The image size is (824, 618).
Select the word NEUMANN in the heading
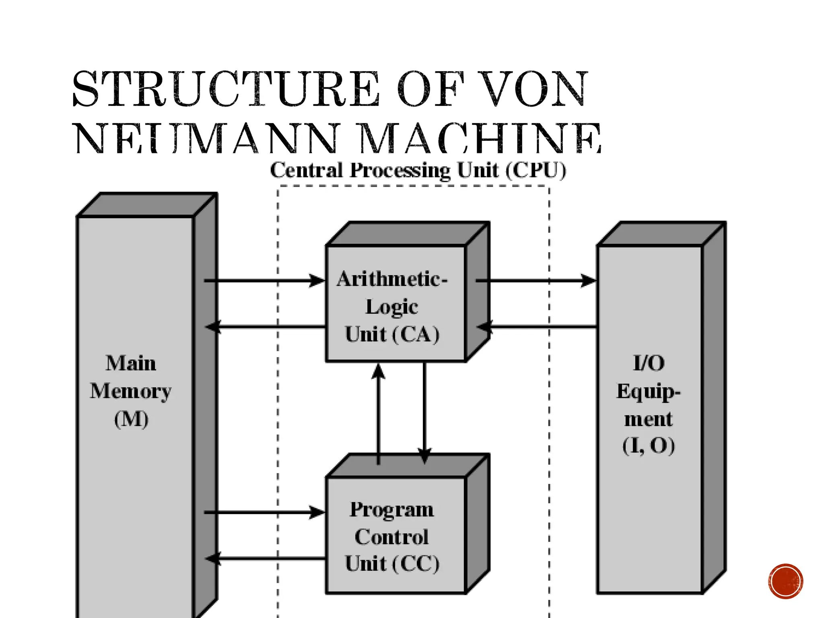(205, 139)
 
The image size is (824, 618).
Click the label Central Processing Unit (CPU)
(418, 170)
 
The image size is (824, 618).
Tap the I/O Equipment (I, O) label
(649, 404)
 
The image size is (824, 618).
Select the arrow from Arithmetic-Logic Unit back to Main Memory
(266, 326)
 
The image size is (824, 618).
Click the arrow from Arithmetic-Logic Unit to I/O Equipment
(535, 280)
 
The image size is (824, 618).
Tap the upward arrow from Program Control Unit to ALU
(378, 414)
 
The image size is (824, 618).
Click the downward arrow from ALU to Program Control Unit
(424, 414)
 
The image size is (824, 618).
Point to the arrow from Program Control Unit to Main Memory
(266, 558)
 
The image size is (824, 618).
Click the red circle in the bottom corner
(785, 581)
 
